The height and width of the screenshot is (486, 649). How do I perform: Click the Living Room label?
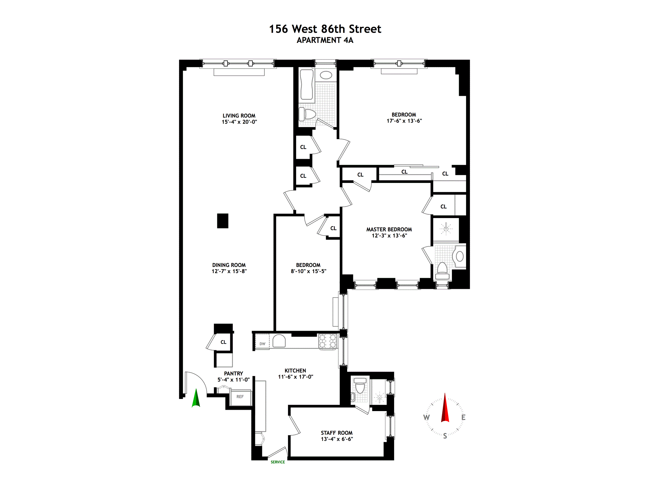point(239,116)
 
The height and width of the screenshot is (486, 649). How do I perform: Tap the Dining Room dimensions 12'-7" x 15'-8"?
point(229,271)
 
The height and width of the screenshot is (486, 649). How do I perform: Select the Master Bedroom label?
point(389,230)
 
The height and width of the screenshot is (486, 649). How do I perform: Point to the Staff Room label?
point(337,433)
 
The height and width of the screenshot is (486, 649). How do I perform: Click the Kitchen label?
point(295,371)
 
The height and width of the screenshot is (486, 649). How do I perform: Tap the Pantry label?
point(234,374)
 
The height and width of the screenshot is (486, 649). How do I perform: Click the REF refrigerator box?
point(240,397)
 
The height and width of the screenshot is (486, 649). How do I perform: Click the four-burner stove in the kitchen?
point(328,341)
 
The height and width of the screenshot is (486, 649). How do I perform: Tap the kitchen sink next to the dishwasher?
point(279,341)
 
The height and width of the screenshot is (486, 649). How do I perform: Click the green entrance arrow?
point(196,399)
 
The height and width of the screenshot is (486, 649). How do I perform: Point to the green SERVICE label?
point(278,462)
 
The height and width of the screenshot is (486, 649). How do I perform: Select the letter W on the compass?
point(427,417)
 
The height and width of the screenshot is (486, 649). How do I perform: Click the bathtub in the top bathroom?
point(307,84)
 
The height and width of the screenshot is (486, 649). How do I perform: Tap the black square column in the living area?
point(222,221)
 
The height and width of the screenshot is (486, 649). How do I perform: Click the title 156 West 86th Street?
point(325,29)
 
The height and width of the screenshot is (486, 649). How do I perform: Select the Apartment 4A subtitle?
point(325,40)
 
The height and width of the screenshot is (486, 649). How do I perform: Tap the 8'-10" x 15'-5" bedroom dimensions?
point(308,271)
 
